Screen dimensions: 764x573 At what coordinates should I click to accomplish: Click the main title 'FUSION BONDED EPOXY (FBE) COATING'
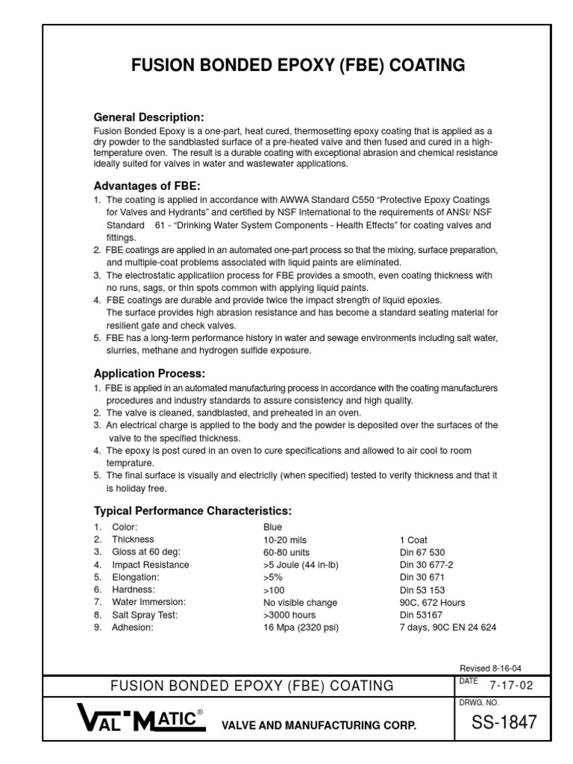click(298, 66)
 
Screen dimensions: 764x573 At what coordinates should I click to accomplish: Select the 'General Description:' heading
click(148, 117)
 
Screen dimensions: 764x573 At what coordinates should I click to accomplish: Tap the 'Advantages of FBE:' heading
click(147, 185)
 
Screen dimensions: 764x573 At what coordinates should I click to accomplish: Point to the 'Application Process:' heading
click(148, 373)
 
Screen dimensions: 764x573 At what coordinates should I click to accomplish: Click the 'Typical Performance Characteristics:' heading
click(192, 510)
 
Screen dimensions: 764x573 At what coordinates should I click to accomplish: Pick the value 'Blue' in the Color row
click(272, 527)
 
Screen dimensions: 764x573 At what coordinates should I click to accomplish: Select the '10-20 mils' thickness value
click(285, 539)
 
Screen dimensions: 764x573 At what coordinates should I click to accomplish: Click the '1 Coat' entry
click(414, 539)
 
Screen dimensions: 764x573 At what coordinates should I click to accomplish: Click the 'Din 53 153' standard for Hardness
click(422, 589)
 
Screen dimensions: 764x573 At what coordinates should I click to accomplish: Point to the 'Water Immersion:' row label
click(148, 602)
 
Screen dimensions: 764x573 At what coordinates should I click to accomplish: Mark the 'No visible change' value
click(300, 602)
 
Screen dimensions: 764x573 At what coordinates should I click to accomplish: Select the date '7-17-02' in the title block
click(511, 685)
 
